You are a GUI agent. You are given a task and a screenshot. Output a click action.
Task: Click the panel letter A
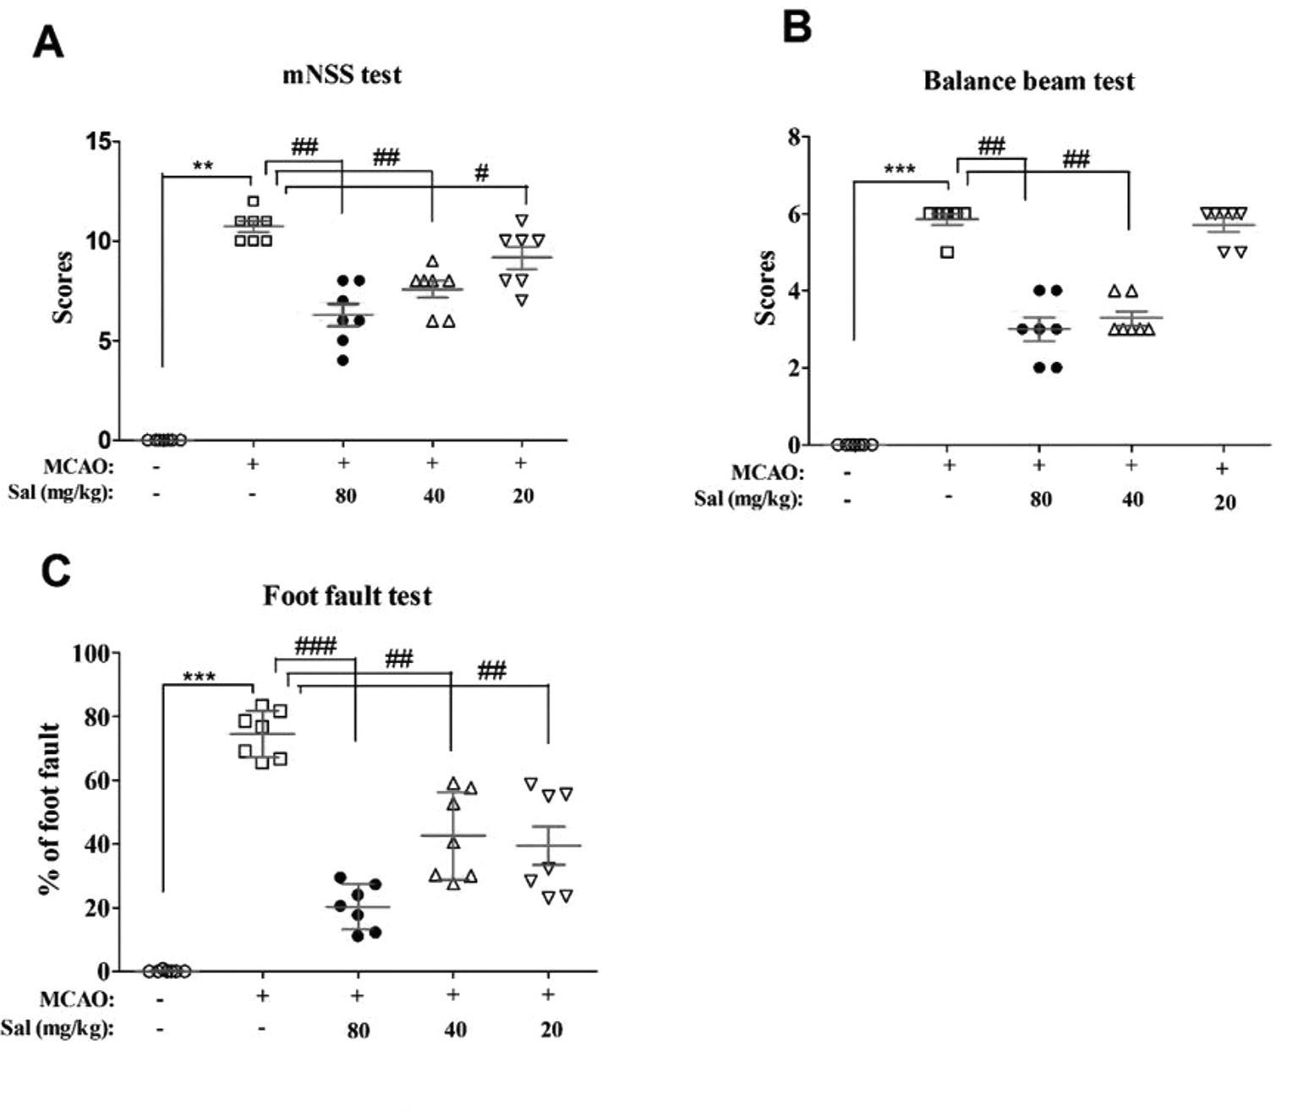coord(48,42)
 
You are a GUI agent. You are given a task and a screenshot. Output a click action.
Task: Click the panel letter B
coord(797,26)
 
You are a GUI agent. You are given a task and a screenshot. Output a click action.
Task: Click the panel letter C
coord(56,572)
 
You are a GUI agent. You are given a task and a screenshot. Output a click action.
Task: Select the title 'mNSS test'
coord(342,75)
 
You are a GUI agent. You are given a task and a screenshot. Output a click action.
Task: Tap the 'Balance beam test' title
coord(1028,81)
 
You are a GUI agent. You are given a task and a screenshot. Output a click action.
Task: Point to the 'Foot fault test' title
coord(347,596)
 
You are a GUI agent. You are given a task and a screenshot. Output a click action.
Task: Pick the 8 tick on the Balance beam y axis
coord(793,136)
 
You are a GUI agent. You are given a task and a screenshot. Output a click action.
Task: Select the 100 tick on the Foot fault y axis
coord(90,654)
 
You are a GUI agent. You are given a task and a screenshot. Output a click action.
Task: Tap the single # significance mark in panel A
coord(481,173)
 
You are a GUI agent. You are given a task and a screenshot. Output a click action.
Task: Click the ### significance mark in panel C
coord(315,647)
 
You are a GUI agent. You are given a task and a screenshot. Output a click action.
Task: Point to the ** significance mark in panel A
coord(203,167)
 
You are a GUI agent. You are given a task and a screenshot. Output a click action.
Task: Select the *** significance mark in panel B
coord(899,170)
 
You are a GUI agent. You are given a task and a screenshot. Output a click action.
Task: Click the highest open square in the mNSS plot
coord(253,201)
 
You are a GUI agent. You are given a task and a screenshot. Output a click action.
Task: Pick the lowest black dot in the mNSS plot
coord(342,361)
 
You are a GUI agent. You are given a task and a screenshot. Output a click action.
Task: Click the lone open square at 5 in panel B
coord(947,252)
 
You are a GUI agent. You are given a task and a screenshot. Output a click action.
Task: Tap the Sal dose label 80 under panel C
coord(358,1030)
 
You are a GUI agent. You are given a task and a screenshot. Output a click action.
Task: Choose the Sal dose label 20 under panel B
coord(1224,502)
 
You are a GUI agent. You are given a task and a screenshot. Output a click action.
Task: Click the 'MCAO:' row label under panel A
coord(78,466)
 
